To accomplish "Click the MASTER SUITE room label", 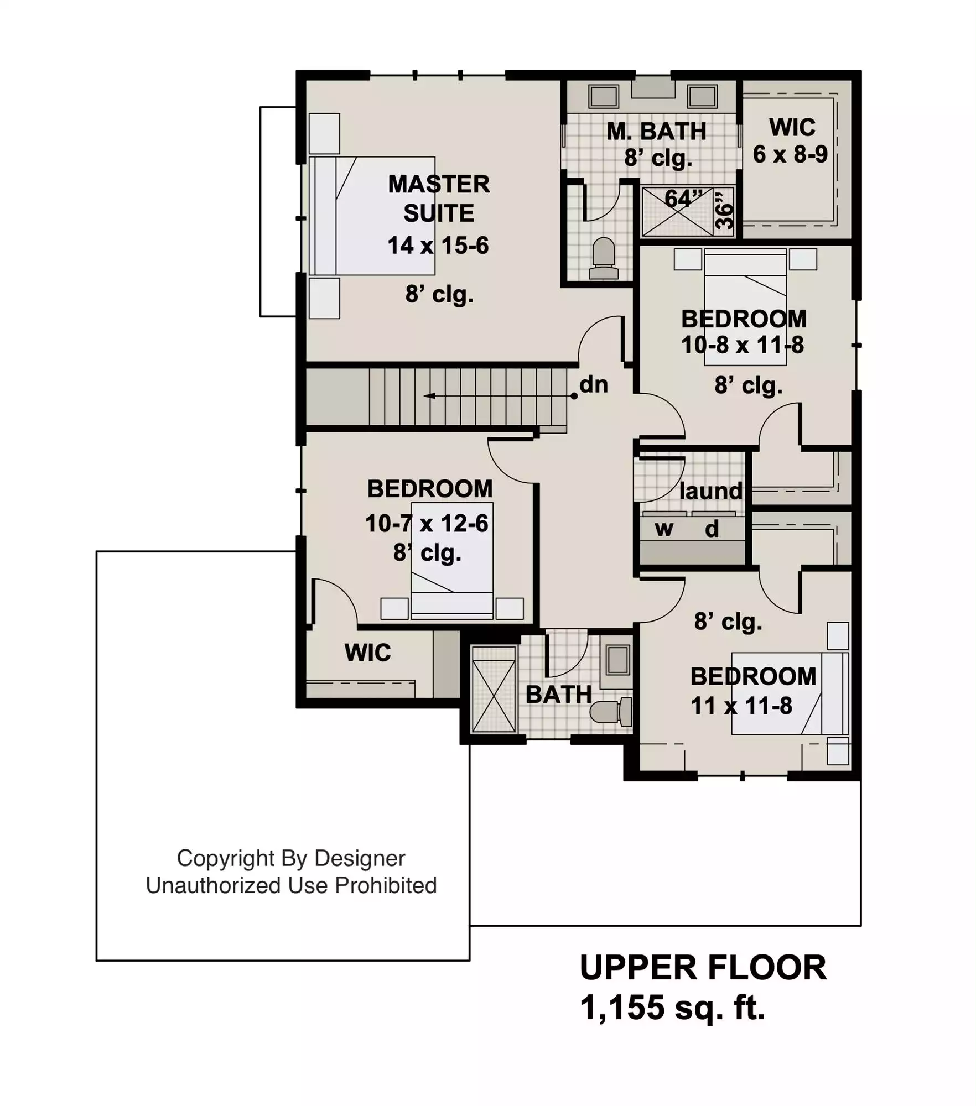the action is point(439,199).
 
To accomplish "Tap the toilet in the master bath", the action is point(604,259).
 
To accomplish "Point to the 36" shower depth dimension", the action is point(724,211).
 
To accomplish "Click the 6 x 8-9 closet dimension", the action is point(790,154).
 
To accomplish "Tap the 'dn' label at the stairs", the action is point(594,384).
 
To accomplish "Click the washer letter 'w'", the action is point(664,529).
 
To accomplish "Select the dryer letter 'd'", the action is point(712,529).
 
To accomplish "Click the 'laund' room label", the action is point(711,491).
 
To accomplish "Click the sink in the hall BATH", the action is point(617,660).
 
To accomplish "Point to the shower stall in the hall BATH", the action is point(494,689).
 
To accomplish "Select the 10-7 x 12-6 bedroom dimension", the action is point(427,523).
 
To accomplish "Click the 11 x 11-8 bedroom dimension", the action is point(741,706).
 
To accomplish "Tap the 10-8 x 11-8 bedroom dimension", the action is point(743,345).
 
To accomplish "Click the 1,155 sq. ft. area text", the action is point(672,1007).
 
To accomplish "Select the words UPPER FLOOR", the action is point(703,968).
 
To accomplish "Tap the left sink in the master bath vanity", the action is point(603,97).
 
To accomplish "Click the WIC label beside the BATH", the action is point(367,653).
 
